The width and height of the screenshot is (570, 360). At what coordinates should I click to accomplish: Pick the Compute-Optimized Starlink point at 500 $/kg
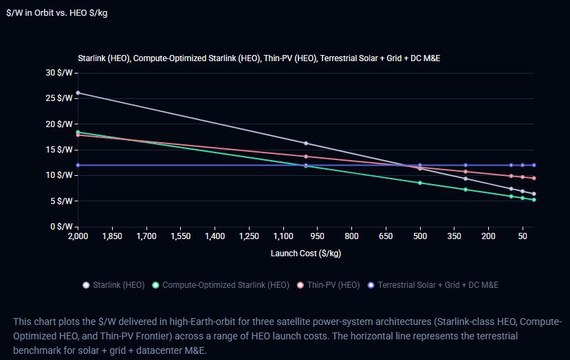[420, 183]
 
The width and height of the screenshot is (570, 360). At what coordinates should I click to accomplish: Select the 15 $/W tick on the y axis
[61, 150]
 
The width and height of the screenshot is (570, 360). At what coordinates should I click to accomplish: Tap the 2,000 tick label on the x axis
[78, 236]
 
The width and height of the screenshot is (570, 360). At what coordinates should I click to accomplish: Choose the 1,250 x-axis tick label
[283, 236]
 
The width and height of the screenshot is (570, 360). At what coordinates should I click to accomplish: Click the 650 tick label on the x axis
[386, 236]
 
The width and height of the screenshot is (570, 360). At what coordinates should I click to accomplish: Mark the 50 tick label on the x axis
[523, 236]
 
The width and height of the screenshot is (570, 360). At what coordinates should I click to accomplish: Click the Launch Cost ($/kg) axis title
[307, 254]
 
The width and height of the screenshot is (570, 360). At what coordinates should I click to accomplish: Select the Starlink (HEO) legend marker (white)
[86, 284]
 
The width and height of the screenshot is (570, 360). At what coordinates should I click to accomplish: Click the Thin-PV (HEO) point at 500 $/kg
[420, 168]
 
